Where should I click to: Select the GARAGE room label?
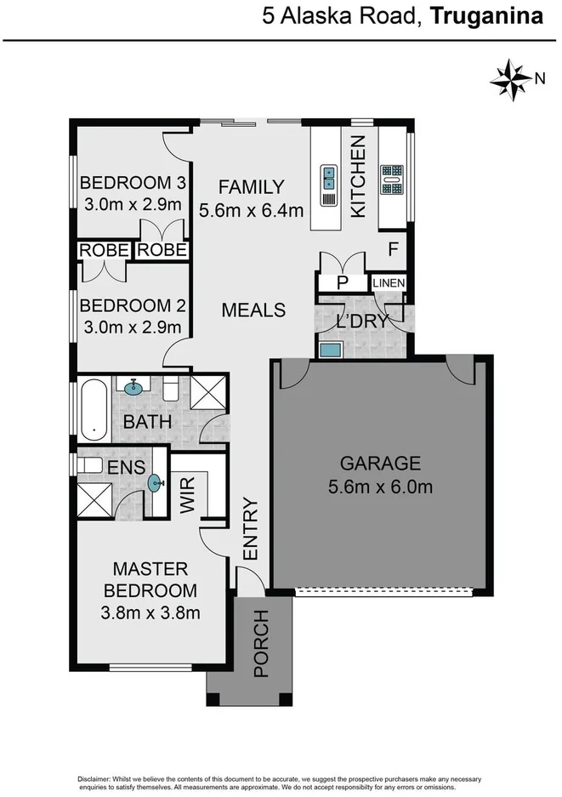point(380,464)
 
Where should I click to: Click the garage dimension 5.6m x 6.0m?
point(380,487)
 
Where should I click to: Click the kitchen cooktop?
point(391,180)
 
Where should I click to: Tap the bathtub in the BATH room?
point(92,413)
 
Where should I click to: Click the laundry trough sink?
point(330,349)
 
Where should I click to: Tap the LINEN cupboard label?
point(389,283)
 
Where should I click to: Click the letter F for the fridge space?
point(393,251)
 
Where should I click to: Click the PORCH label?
point(262,644)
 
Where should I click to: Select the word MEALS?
point(253,310)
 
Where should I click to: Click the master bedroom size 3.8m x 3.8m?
point(150,612)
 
